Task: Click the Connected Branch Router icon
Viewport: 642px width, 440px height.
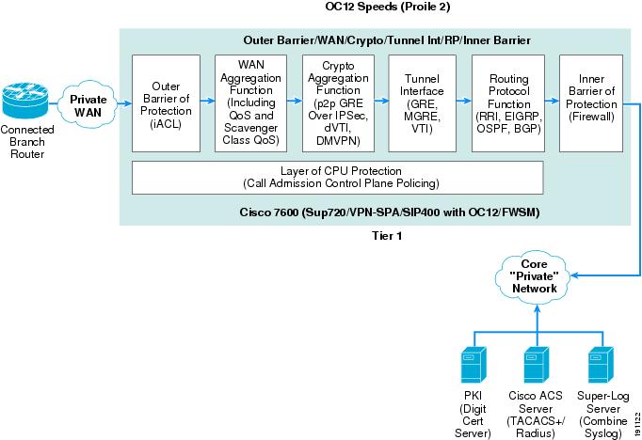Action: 25,101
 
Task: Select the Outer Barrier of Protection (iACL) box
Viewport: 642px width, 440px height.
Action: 167,103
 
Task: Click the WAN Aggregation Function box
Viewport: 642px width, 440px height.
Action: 251,103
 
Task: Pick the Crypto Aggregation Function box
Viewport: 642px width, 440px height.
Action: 338,103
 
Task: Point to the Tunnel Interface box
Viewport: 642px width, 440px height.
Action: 422,103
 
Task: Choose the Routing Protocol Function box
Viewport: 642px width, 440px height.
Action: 508,103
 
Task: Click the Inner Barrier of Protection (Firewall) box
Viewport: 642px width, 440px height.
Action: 591,103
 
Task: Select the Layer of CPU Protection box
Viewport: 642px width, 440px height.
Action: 338,178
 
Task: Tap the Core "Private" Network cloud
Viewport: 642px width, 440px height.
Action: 534,276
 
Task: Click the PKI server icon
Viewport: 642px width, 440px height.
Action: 473,365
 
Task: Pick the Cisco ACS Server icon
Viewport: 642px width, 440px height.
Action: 537,365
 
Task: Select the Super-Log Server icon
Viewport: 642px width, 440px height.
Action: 602,365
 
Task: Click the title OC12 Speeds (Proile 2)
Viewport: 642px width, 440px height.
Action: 387,7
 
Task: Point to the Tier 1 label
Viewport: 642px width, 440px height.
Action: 387,236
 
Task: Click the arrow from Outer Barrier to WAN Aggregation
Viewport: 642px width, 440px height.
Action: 208,101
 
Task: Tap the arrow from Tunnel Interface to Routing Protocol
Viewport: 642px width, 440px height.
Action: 464,101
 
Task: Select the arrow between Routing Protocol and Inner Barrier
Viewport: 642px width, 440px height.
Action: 552,101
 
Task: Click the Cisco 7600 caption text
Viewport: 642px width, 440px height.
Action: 390,212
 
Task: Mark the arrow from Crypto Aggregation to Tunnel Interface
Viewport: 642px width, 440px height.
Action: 381,101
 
